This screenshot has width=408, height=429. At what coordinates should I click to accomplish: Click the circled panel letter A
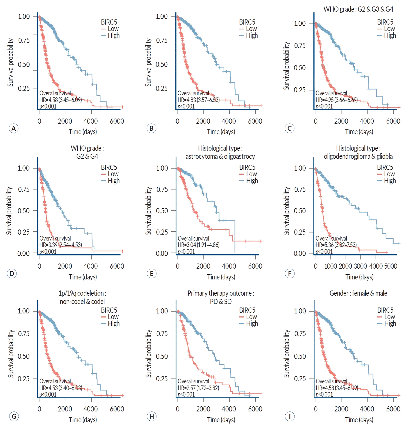coord(14,129)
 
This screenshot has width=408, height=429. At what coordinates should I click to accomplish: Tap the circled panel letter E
coord(151,274)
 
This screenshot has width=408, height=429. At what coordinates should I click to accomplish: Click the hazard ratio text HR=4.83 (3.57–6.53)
coord(198,100)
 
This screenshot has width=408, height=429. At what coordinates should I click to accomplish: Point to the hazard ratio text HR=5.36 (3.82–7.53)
coord(336,245)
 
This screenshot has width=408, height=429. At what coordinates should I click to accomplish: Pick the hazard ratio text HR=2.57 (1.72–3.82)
coord(198,388)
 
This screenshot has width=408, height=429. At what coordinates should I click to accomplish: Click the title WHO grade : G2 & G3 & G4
coord(358,9)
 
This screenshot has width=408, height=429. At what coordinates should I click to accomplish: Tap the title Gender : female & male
coord(358,293)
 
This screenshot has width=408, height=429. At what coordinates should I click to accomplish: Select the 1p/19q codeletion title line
coord(82,293)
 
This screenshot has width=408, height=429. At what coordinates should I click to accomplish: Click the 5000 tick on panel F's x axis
coord(390,266)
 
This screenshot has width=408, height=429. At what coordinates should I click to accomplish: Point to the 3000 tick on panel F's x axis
coord(360,266)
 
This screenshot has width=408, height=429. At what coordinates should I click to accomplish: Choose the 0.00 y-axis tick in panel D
coord(24,254)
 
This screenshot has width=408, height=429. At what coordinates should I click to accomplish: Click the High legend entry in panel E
coord(252,181)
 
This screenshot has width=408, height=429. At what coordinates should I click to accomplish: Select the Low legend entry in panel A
coord(113,29)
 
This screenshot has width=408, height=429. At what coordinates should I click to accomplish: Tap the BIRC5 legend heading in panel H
coord(247,310)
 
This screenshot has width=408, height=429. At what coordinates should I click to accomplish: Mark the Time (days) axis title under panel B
coord(221,132)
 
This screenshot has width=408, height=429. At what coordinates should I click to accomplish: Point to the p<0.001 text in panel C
coord(324,106)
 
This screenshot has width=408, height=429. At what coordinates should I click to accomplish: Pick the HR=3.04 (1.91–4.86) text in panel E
coord(198,245)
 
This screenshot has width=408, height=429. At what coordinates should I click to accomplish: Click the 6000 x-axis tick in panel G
coord(117,409)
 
